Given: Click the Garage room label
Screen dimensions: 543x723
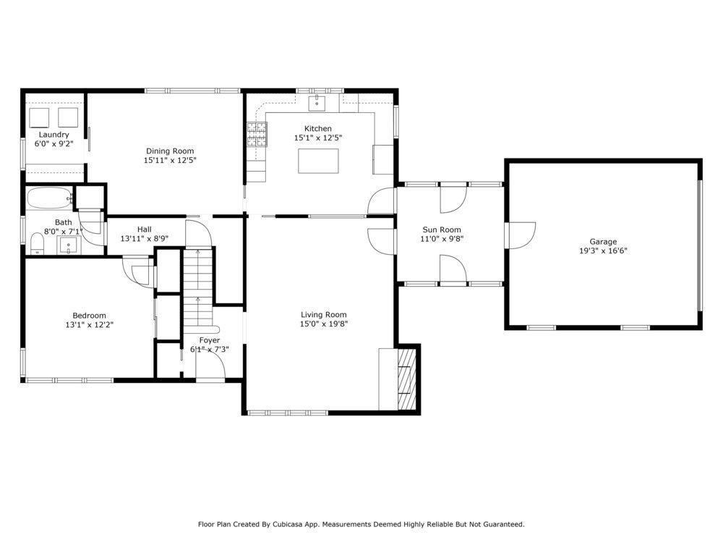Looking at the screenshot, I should point(603,242).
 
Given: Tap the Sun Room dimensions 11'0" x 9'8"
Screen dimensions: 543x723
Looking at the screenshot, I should point(442,238).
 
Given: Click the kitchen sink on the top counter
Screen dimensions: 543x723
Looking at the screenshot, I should point(317,104).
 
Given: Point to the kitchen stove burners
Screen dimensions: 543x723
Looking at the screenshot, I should point(257,134).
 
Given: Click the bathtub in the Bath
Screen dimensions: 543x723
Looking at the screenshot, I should point(49,198).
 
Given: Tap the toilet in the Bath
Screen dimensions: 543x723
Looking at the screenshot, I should point(37,245).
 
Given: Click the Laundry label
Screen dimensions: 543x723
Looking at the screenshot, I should point(54,135).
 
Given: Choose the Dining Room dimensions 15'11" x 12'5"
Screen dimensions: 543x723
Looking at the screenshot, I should point(170,160).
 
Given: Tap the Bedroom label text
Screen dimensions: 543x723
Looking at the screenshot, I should point(89,316).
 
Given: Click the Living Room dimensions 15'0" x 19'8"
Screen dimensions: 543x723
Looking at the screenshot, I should point(324,324).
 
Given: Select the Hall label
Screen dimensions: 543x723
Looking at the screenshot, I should point(144,230).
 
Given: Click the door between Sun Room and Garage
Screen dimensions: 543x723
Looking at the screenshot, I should point(519,235).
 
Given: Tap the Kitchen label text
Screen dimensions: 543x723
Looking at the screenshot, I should point(317,129).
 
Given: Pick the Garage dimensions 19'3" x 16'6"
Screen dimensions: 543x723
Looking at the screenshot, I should point(603,251).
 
